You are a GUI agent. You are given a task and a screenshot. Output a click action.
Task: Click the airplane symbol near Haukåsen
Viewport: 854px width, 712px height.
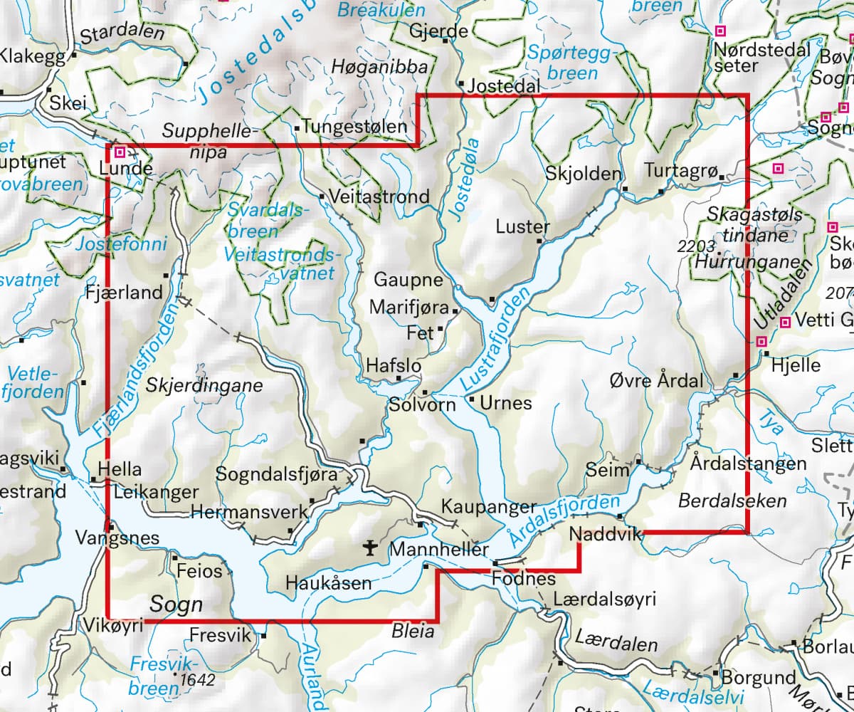[x=369, y=548]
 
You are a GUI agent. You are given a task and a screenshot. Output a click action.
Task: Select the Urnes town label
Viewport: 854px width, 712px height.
[x=505, y=403]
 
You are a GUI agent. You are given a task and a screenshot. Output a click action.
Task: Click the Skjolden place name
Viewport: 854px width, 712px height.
[x=584, y=174]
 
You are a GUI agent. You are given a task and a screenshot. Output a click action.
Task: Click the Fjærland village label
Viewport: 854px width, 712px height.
[x=124, y=292]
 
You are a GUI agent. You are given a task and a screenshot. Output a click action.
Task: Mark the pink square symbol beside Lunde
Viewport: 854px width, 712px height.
[x=121, y=152]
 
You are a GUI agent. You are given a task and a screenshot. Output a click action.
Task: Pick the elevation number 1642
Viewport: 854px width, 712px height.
[x=197, y=680]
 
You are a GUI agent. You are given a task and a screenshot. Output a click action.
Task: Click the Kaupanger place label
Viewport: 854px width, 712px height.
[x=489, y=507]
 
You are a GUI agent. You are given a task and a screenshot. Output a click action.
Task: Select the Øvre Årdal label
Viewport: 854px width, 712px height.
[x=656, y=379]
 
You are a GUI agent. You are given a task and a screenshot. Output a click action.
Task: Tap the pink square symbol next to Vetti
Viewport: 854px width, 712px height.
[x=785, y=322]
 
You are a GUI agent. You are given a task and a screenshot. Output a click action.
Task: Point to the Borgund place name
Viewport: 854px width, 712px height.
[x=758, y=676]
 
